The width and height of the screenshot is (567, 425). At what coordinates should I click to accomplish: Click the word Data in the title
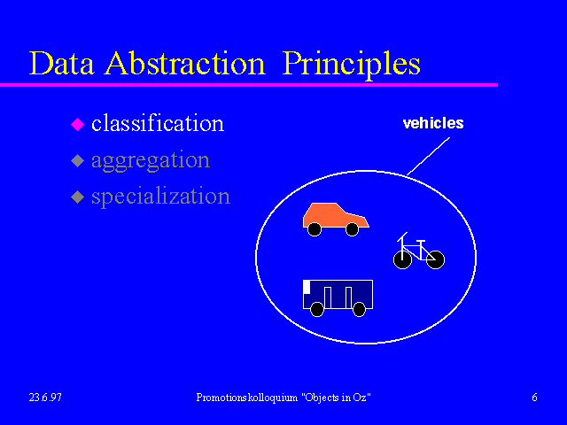(x=61, y=64)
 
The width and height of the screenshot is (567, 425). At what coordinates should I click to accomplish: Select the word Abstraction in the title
(x=185, y=64)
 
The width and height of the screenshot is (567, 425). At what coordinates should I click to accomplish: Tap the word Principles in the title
(x=351, y=65)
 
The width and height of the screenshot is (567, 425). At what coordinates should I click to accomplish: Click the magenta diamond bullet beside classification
(x=77, y=124)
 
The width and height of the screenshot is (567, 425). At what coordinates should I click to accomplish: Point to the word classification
(x=158, y=123)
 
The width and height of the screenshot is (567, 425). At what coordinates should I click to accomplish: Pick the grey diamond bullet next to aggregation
(x=77, y=160)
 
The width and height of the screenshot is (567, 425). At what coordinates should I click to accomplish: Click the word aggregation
(x=151, y=161)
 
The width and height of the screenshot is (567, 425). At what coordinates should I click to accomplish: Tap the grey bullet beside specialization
(x=77, y=197)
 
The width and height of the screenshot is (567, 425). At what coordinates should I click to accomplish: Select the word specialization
(x=161, y=197)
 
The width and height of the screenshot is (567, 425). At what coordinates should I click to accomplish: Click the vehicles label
(x=433, y=123)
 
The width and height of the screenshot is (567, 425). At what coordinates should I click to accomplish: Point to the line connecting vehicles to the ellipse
(x=428, y=156)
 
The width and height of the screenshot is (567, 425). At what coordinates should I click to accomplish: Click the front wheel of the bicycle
(x=402, y=259)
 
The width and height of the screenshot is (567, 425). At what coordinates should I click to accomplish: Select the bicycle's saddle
(x=421, y=241)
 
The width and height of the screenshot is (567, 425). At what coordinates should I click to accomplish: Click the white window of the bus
(x=307, y=287)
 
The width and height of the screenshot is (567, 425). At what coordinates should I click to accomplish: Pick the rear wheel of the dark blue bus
(x=359, y=309)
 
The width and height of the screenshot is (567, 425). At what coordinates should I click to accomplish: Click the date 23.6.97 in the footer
(x=45, y=398)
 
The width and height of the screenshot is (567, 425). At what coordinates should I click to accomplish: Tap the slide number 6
(x=534, y=398)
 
